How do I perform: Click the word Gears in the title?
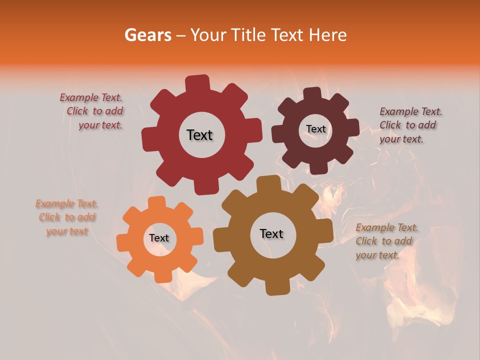147,35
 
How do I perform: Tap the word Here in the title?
328,35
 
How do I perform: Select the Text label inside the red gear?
199,135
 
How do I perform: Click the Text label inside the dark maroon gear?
315,129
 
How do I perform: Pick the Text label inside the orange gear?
159,238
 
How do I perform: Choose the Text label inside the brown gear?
271,233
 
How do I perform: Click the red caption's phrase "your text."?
100,125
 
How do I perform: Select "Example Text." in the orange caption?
66,203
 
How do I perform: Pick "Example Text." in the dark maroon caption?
411,111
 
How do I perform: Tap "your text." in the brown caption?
377,255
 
